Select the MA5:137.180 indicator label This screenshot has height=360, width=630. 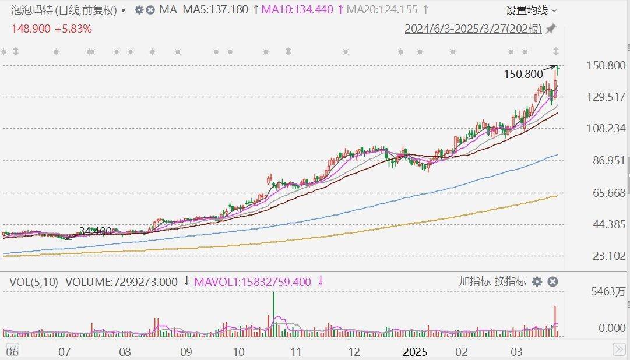pyautogui.click(x=214, y=10)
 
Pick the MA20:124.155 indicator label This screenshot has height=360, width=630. pyautogui.click(x=381, y=10)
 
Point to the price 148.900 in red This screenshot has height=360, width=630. pyautogui.click(x=30, y=29)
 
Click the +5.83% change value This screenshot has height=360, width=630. pyautogui.click(x=73, y=29)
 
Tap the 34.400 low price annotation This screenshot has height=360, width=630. pyautogui.click(x=94, y=231)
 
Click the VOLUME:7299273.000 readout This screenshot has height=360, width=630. pyautogui.click(x=121, y=282)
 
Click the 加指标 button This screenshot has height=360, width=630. pyautogui.click(x=475, y=281)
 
